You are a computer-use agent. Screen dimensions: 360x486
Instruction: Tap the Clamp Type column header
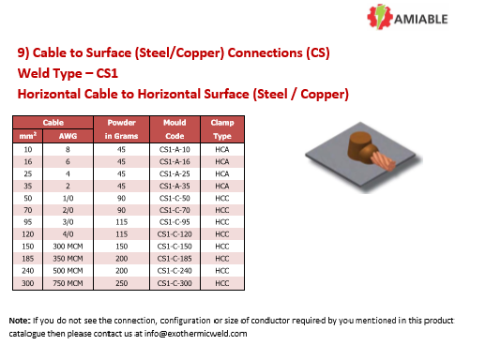[222, 128]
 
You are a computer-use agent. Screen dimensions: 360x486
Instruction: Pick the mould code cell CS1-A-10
[175, 149]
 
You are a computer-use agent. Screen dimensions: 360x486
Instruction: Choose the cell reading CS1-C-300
[175, 282]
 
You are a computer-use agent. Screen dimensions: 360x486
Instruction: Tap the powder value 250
[122, 282]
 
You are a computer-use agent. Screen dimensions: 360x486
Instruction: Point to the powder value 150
[122, 246]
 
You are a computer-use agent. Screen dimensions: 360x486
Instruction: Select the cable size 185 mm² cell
[28, 258]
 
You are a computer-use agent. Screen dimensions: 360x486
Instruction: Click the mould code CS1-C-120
[175, 233]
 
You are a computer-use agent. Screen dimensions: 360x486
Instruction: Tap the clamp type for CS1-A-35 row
[222, 186]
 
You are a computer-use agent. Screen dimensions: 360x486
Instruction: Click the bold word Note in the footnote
[20, 321]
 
